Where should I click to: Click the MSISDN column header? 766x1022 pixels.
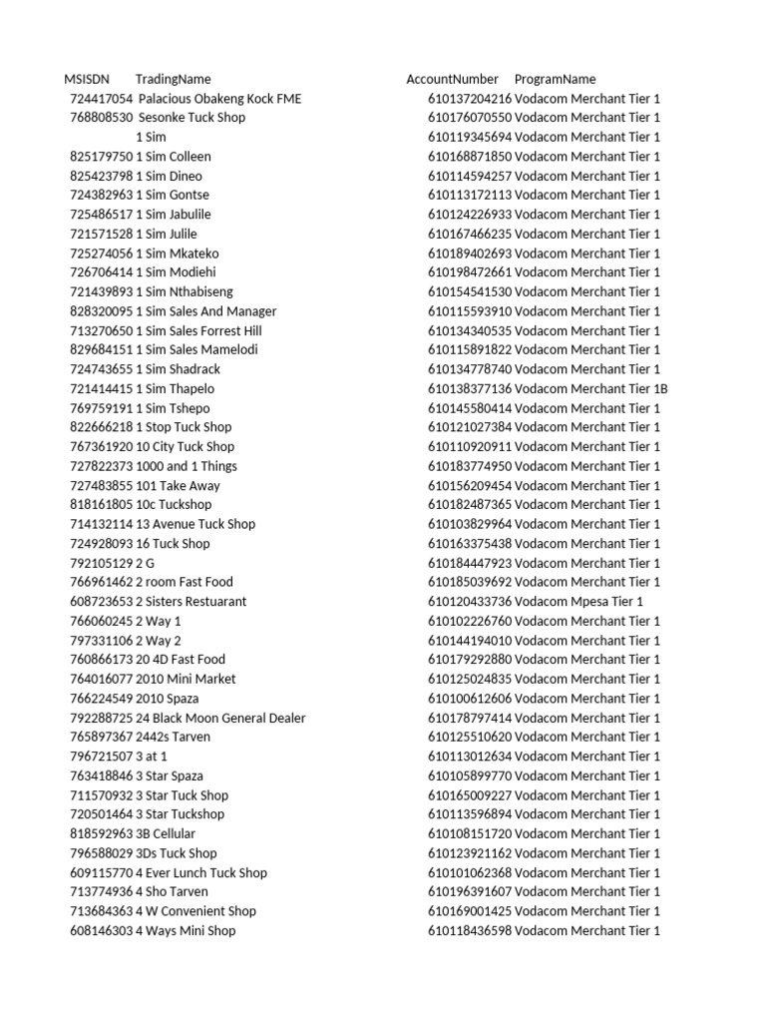click(86, 79)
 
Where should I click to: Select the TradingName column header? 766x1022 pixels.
click(173, 79)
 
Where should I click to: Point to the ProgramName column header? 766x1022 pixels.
click(555, 79)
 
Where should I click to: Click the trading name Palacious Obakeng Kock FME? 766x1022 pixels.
click(219, 99)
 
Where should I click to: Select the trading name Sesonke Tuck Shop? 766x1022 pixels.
click(191, 118)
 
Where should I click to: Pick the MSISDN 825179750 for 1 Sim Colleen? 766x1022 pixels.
click(101, 157)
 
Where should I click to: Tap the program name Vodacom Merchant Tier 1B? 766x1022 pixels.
click(591, 388)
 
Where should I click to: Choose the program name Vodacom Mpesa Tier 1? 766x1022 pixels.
click(579, 601)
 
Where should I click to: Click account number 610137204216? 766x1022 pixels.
click(470, 99)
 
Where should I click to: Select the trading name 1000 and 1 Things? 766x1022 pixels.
click(187, 466)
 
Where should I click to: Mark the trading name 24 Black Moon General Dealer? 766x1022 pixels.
click(220, 718)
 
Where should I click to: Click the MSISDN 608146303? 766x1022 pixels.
click(101, 930)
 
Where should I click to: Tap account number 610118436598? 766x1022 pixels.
click(470, 930)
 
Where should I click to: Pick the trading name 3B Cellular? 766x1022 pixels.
click(166, 833)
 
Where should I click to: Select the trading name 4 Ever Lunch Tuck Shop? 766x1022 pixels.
click(201, 872)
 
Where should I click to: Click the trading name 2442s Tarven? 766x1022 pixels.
click(174, 737)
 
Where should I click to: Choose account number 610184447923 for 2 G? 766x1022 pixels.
click(470, 563)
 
